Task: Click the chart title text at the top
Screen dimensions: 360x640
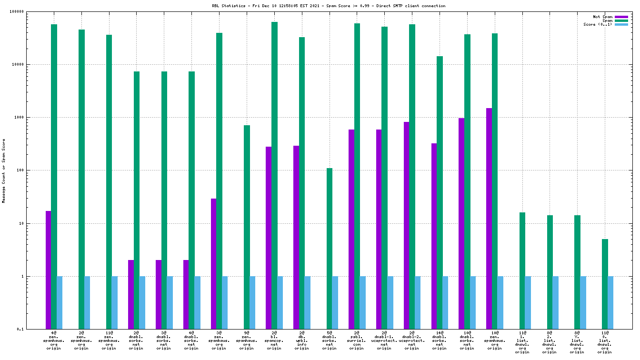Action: point(329,6)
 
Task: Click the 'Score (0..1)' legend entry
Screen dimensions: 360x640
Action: point(598,24)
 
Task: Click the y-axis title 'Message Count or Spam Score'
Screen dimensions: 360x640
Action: point(4,170)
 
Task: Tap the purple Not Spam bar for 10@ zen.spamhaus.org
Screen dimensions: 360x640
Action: point(489,219)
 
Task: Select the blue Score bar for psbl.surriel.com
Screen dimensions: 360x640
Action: point(362,302)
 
